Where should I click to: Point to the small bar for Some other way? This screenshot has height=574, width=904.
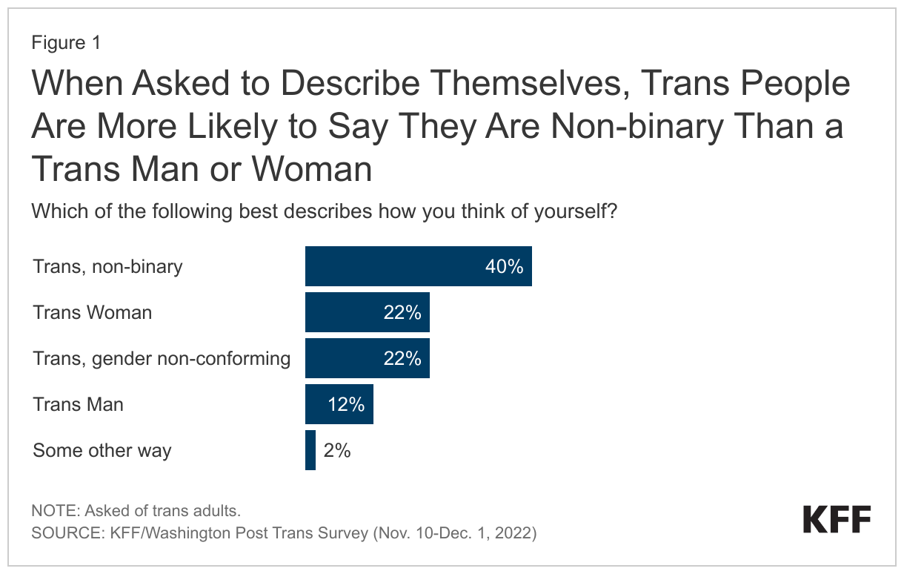tap(310, 450)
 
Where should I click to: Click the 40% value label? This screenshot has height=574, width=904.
tap(504, 267)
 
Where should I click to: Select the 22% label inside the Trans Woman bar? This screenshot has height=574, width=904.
tap(402, 313)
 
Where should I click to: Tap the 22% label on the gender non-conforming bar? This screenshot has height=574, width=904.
tap(402, 359)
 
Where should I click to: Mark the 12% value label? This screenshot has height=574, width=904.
tap(346, 405)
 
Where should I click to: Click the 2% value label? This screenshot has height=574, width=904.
tap(336, 450)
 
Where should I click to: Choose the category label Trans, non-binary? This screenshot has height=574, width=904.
tap(107, 267)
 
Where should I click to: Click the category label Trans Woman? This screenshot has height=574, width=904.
tap(93, 313)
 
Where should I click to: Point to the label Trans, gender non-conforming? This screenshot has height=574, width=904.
tap(162, 359)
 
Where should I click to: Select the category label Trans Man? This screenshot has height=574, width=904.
tap(78, 405)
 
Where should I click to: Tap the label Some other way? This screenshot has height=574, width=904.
tap(102, 451)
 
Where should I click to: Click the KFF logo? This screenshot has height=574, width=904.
tap(837, 519)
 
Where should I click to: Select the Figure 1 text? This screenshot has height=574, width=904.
tap(66, 43)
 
